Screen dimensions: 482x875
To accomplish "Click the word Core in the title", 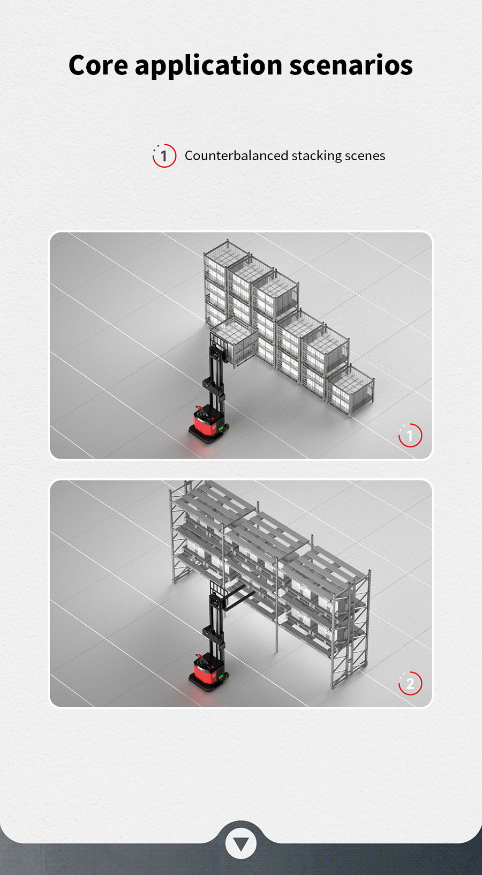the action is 98,65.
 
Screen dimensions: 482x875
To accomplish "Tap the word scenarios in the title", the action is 351,65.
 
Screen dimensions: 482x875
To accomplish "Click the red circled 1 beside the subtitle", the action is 164,156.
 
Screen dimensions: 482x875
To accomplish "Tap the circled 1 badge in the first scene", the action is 410,435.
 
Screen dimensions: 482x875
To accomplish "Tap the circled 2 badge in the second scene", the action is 410,683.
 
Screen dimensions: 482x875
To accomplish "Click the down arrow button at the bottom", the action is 241,843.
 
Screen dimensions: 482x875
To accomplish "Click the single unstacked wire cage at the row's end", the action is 350,390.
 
